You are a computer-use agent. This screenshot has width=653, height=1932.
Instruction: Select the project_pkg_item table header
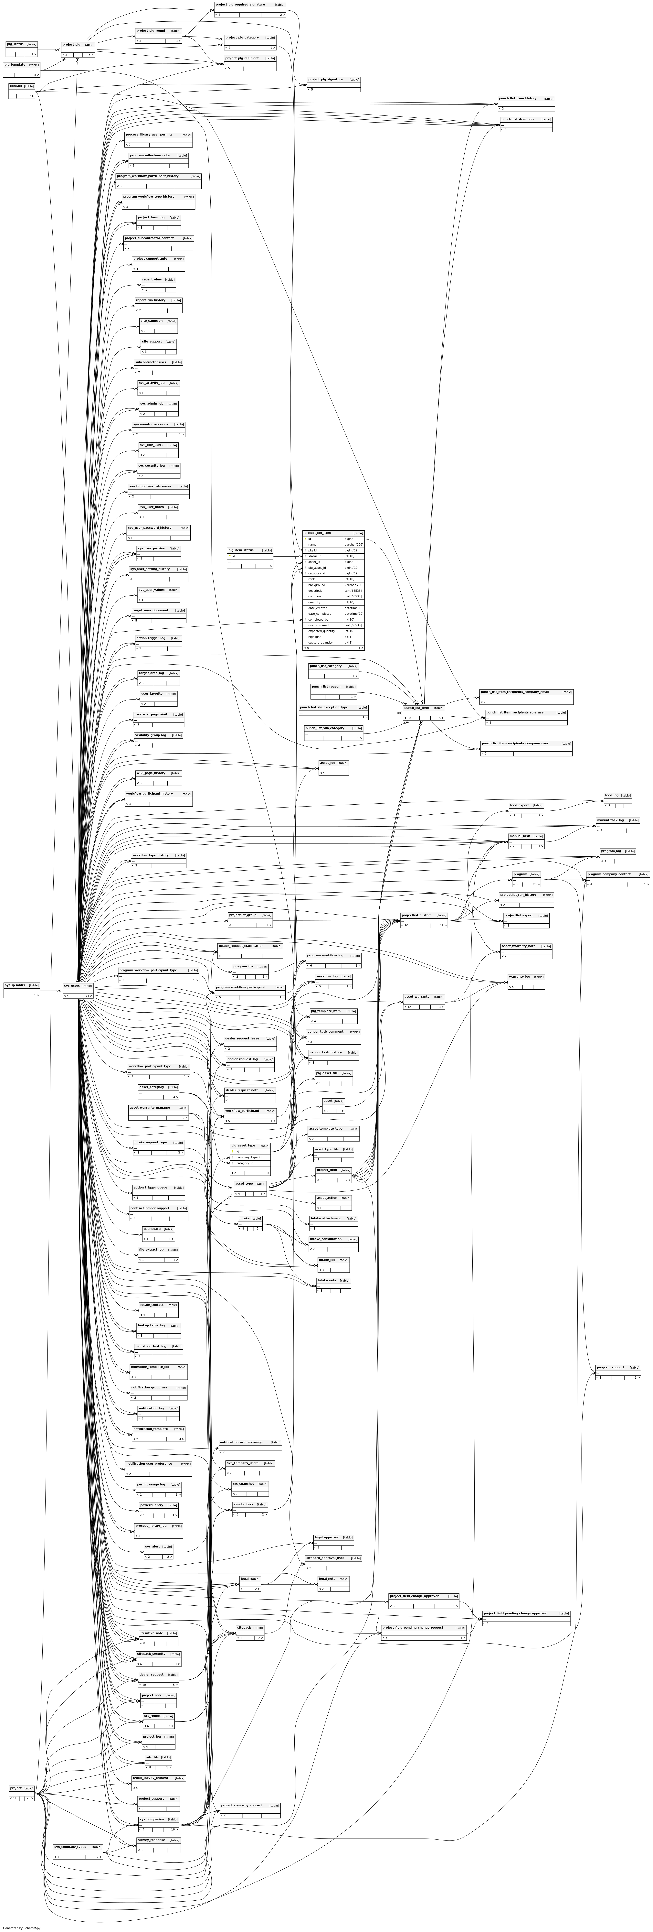tap(317, 533)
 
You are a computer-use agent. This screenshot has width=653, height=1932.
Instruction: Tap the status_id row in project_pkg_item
tap(315, 556)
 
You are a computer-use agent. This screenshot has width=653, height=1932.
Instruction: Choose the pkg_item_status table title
tap(241, 550)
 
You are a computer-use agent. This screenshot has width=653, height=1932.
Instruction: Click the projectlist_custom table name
tap(417, 915)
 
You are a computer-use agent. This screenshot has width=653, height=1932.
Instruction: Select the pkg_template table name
tap(15, 64)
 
